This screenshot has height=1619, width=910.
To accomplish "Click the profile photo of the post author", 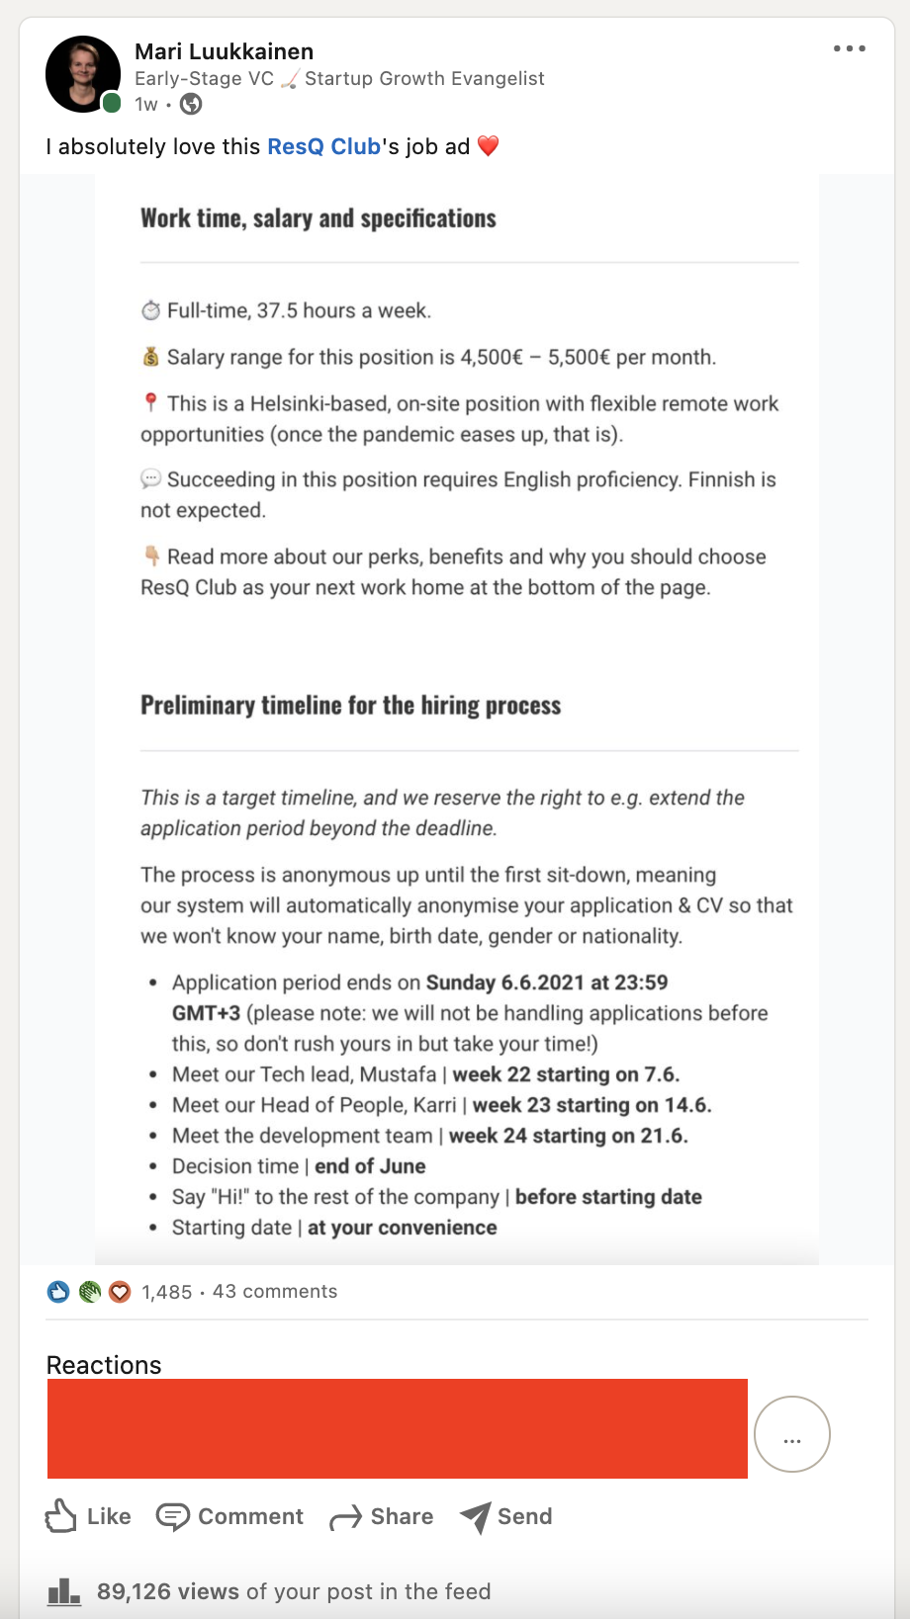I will [83, 74].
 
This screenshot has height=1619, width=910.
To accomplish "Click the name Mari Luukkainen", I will [224, 51].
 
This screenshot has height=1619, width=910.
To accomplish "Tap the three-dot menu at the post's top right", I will [849, 48].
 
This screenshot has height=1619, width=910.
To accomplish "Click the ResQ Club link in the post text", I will [323, 146].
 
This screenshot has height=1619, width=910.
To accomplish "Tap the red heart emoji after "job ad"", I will [489, 146].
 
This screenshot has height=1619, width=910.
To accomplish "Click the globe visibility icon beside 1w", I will [191, 104].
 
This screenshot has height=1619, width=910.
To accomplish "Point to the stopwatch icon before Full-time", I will [150, 310].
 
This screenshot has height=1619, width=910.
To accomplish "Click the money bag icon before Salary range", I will [150, 357].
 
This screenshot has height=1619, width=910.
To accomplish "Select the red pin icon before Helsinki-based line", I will [150, 402].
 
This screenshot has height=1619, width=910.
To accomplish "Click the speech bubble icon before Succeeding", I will [150, 479].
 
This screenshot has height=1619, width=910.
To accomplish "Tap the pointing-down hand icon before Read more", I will [151, 555].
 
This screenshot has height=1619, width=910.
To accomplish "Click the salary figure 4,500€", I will [492, 357].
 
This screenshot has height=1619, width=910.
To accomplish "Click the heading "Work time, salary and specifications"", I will [318, 218].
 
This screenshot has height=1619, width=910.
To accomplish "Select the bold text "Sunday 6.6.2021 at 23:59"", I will [546, 982].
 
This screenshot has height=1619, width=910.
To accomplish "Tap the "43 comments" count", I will [275, 1291].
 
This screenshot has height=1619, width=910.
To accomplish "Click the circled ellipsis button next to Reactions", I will [791, 1434].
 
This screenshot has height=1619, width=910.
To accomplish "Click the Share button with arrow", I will [382, 1516].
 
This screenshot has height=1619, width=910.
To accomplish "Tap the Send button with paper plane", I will [506, 1516].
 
